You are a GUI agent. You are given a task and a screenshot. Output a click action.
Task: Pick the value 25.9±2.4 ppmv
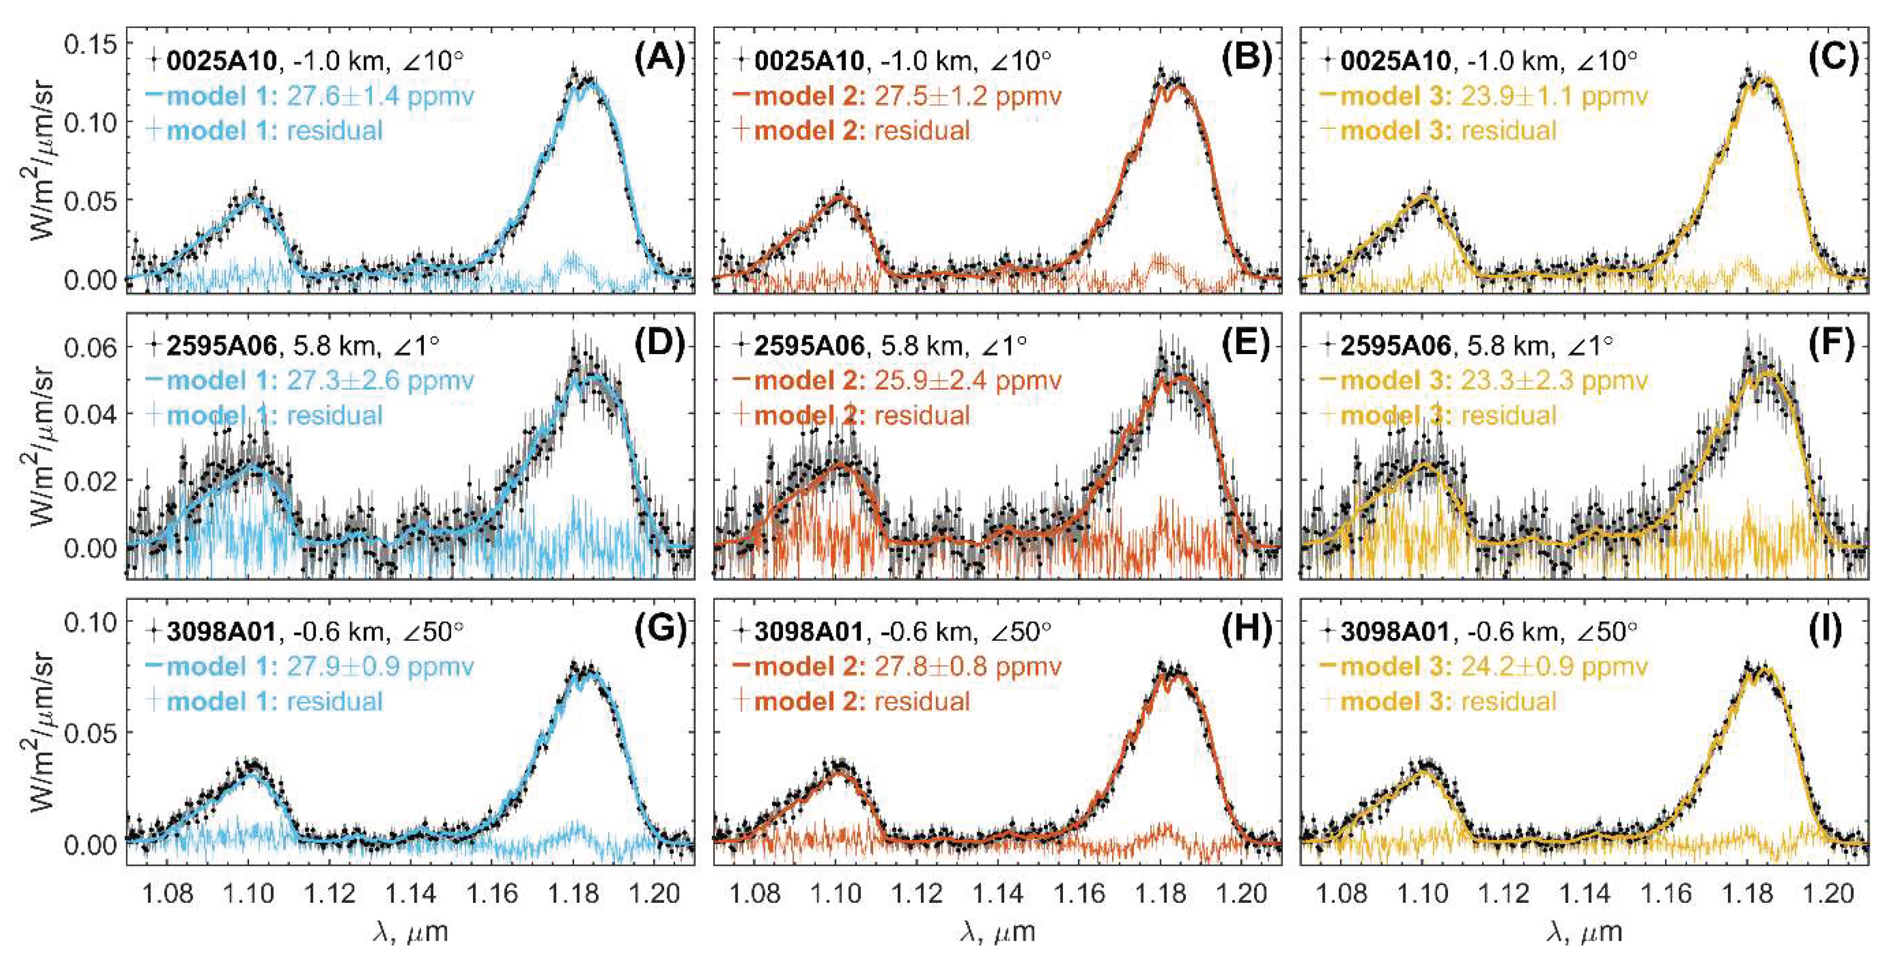[968, 381]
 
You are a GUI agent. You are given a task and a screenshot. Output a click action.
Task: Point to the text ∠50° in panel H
[1021, 631]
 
